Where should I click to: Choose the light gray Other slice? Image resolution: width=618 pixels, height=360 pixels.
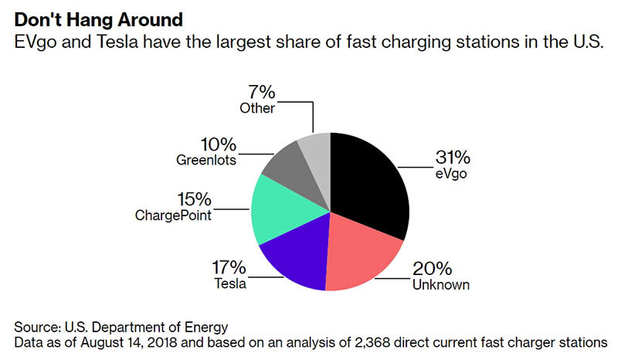tap(315, 147)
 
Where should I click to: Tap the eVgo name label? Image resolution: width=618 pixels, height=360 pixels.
tap(453, 175)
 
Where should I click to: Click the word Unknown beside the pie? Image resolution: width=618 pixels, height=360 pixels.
tap(440, 285)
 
